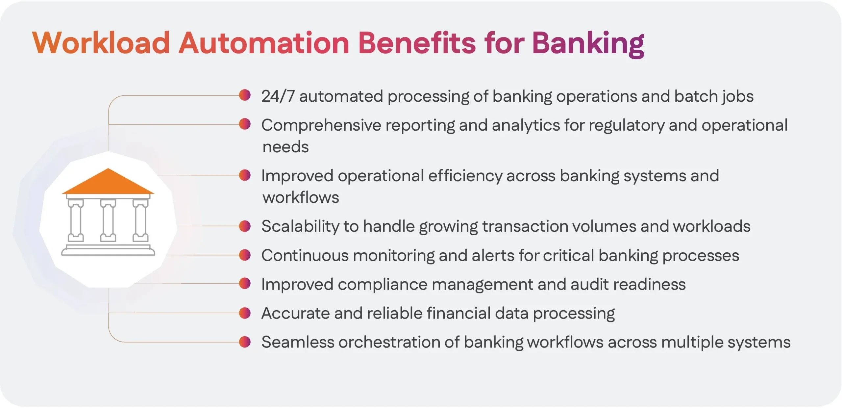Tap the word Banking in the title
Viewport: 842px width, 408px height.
tap(588, 43)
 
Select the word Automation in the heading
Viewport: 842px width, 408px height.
tap(263, 43)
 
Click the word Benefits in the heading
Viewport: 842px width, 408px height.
tap(417, 43)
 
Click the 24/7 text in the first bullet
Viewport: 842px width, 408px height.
tap(278, 96)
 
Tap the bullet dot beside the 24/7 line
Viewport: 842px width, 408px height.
tap(245, 95)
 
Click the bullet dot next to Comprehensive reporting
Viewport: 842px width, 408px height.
tap(245, 124)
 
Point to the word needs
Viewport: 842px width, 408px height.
tap(285, 147)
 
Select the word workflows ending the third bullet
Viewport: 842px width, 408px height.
tap(301, 197)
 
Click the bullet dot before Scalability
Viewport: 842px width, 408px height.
tap(245, 226)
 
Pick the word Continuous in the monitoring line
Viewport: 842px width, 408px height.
tap(305, 256)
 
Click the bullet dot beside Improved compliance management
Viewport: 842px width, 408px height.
tap(245, 283)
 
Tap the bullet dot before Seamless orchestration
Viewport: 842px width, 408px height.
tap(245, 342)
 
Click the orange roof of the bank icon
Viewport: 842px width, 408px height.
tap(108, 183)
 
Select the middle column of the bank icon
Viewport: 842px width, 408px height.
tap(108, 220)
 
